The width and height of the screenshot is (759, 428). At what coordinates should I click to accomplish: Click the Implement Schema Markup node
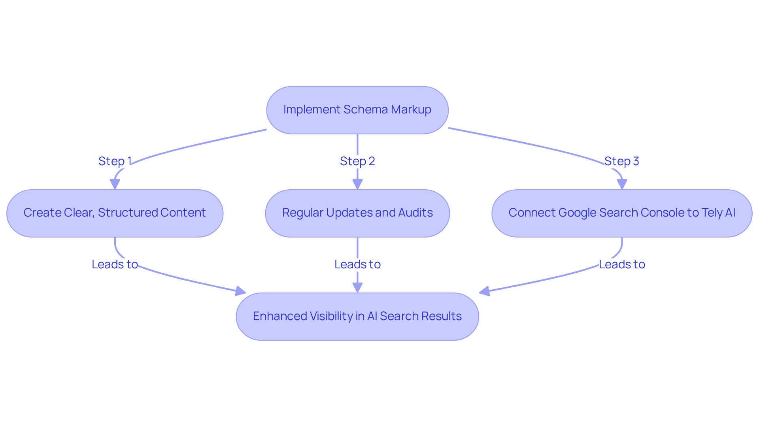pyautogui.click(x=357, y=110)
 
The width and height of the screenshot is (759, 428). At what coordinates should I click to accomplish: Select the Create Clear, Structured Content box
pyautogui.click(x=115, y=213)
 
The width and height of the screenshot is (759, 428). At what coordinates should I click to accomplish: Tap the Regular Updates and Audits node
pyautogui.click(x=357, y=213)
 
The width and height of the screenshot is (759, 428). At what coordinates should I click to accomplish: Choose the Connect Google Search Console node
pyautogui.click(x=622, y=213)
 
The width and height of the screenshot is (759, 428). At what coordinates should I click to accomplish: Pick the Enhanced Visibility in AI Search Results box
pyautogui.click(x=357, y=316)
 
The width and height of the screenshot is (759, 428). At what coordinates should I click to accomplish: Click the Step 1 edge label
pyautogui.click(x=115, y=161)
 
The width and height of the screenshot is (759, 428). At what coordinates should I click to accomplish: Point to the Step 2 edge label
pyautogui.click(x=357, y=161)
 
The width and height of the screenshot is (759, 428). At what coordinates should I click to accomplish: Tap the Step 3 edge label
pyautogui.click(x=622, y=161)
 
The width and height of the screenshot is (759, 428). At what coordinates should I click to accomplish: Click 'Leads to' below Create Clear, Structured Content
pyautogui.click(x=115, y=264)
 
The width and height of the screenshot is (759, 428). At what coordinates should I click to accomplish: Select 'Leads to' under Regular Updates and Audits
pyautogui.click(x=357, y=264)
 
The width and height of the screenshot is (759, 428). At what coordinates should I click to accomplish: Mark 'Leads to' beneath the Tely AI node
pyautogui.click(x=622, y=264)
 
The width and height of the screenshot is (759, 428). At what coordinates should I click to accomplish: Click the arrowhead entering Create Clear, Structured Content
pyautogui.click(x=115, y=185)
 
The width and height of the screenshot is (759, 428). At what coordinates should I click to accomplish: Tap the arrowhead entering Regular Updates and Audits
pyautogui.click(x=357, y=185)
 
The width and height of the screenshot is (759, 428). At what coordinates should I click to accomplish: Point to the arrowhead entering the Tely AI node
pyautogui.click(x=622, y=185)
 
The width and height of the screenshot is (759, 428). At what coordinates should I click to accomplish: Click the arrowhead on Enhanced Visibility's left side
pyautogui.click(x=240, y=292)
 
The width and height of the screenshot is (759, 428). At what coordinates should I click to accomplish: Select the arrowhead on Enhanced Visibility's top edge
pyautogui.click(x=357, y=288)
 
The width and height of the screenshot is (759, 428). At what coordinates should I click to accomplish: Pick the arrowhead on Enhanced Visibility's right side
pyautogui.click(x=484, y=292)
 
